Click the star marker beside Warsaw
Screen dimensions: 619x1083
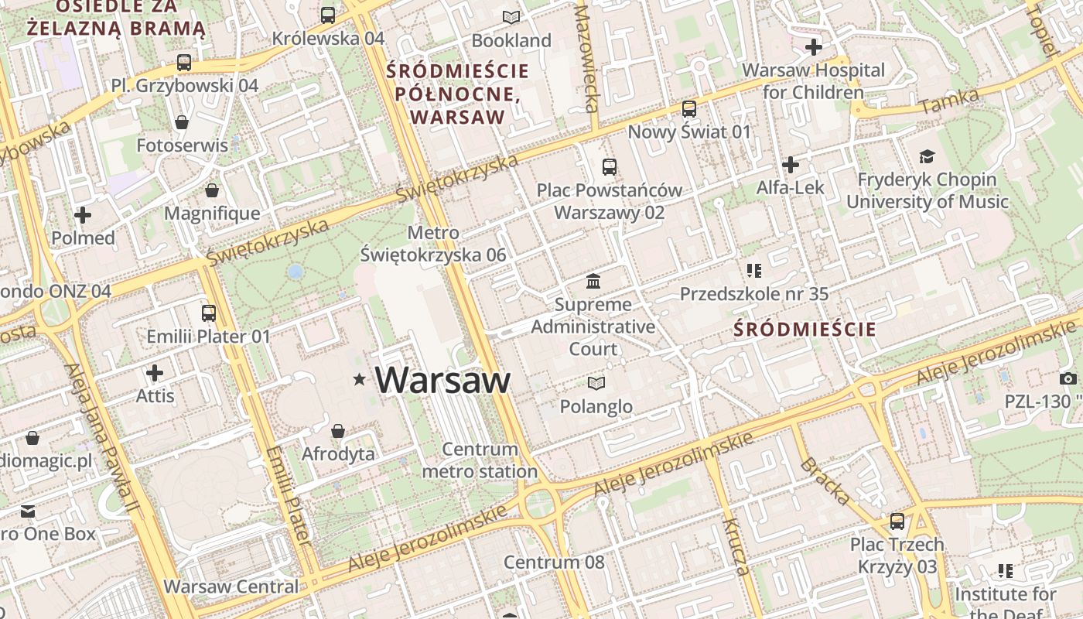tap(359, 379)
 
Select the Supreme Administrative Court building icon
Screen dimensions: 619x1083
tap(593, 280)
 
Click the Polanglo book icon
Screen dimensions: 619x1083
tap(596, 383)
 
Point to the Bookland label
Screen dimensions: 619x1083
tap(511, 40)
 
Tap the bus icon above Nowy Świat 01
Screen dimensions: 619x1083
tap(688, 109)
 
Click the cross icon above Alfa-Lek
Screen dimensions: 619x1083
tap(790, 165)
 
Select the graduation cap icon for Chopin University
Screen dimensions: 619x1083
tap(927, 157)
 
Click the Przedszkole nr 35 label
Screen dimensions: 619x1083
tap(753, 294)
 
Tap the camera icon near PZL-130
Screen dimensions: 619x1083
tap(1068, 378)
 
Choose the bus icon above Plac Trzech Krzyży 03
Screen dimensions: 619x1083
tap(897, 522)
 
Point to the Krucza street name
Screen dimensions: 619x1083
tap(736, 547)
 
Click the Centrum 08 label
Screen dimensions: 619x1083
tap(554, 562)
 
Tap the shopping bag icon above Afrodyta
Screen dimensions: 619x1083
tap(338, 431)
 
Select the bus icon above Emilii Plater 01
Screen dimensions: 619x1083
tap(208, 313)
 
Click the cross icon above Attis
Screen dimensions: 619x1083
tap(155, 374)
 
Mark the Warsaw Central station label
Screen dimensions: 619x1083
tap(231, 587)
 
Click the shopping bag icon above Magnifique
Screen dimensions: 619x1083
tap(212, 190)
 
